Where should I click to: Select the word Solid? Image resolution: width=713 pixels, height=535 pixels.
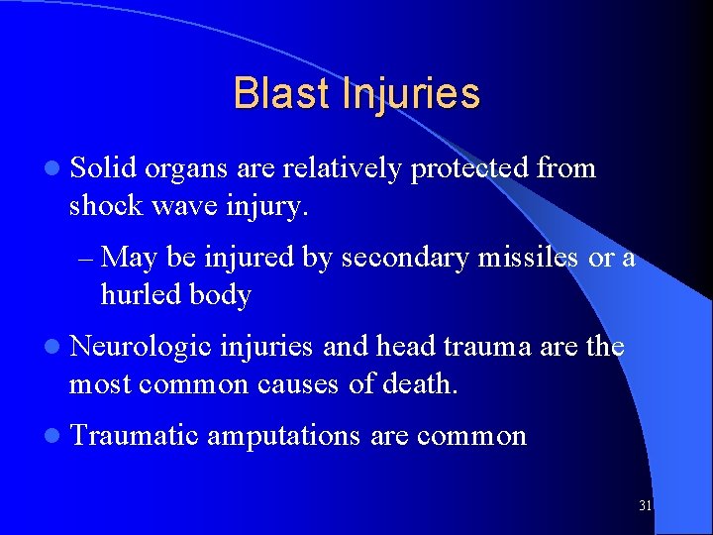click(x=103, y=168)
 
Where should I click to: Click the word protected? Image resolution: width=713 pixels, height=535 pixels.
click(x=469, y=168)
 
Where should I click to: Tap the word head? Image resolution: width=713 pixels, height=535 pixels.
click(x=404, y=347)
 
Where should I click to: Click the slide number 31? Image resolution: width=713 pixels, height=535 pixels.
click(x=645, y=506)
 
